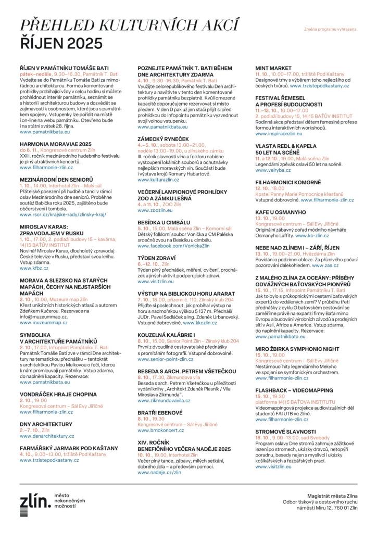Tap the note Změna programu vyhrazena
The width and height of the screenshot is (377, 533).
tap(331, 30)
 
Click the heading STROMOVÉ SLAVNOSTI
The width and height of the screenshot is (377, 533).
tap(285, 432)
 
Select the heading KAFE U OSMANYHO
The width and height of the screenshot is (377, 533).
tap(280, 212)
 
